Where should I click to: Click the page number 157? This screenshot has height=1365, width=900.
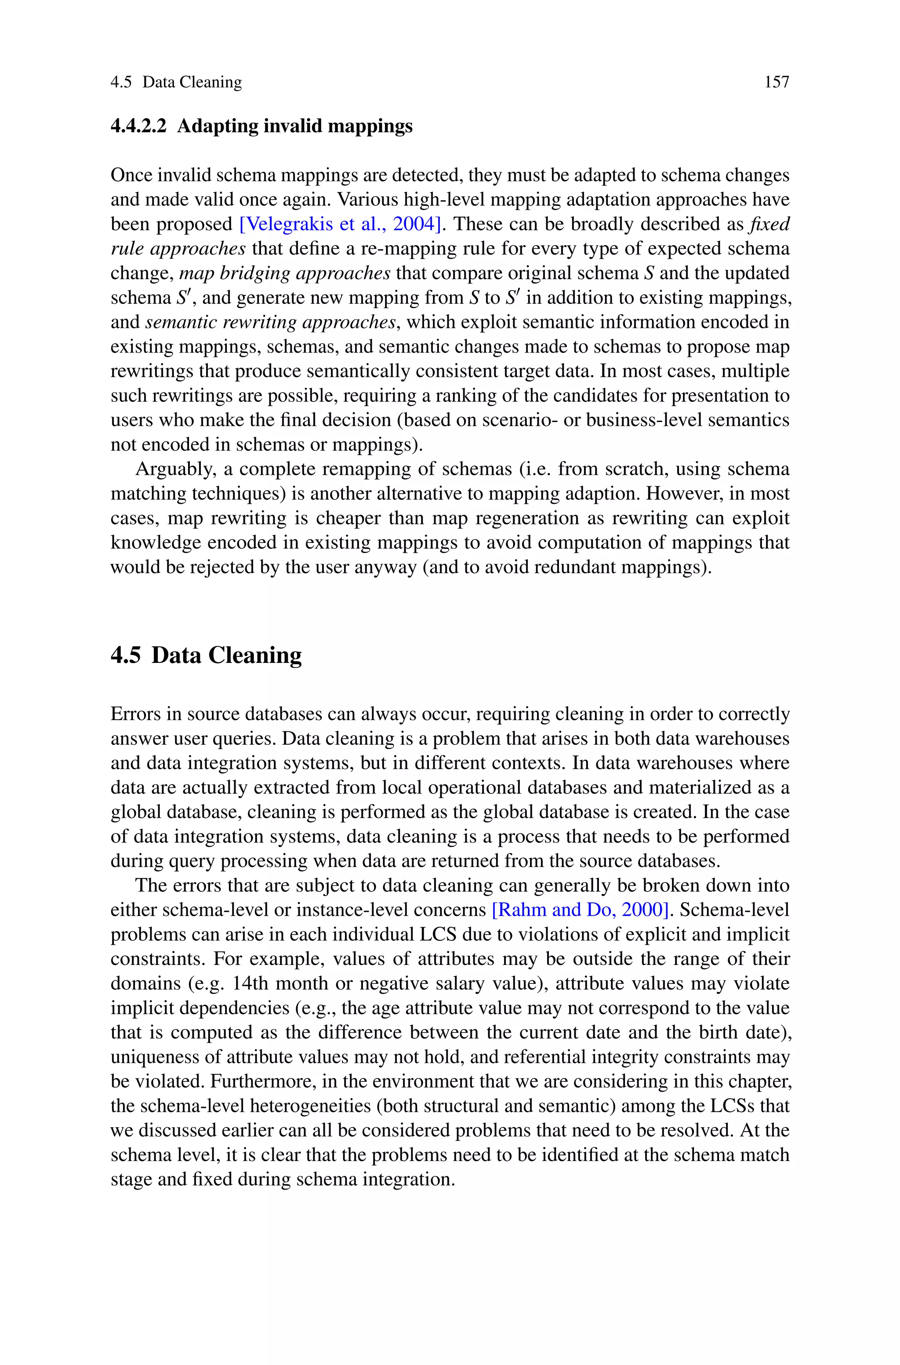click(777, 82)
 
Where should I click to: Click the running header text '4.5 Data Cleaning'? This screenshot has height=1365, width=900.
click(176, 82)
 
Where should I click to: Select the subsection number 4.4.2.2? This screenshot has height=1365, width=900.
click(138, 126)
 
